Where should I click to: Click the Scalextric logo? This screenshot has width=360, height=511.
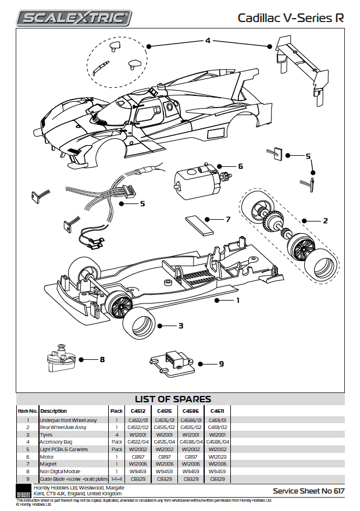click(73, 17)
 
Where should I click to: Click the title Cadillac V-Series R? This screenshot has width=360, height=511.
click(290, 18)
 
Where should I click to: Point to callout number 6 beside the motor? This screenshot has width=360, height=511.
click(240, 166)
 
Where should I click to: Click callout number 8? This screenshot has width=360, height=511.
click(102, 360)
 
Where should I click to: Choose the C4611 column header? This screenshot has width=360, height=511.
click(217, 410)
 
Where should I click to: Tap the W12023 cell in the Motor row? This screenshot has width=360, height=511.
click(217, 457)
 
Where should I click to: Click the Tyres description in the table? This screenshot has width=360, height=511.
click(47, 434)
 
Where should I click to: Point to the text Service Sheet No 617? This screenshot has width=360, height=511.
click(309, 491)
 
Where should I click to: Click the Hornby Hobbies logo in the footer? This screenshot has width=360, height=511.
click(23, 489)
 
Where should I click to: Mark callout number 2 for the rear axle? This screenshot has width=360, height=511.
click(326, 221)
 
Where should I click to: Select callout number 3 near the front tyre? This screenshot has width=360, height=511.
click(181, 326)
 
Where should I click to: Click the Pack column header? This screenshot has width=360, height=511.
click(116, 410)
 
